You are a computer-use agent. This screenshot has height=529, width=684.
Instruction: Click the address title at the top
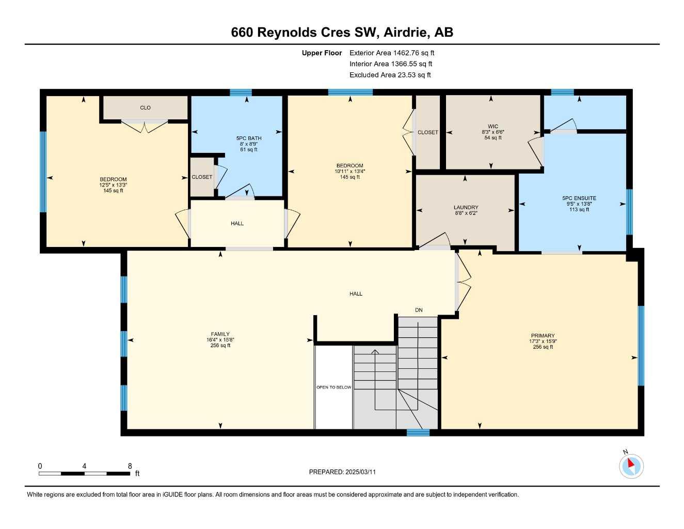pos(342,32)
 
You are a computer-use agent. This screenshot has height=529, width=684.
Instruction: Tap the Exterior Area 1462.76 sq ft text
pos(392,53)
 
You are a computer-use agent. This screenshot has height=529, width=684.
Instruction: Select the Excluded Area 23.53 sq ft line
pos(390,75)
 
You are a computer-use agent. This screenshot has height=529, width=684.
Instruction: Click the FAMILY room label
pos(220,334)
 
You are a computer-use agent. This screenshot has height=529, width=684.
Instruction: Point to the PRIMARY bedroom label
pos(543,336)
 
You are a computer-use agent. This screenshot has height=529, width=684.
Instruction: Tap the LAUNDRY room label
pos(466,207)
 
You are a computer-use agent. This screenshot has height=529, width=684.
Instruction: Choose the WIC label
pos(492,126)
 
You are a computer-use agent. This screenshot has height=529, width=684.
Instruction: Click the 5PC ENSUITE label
pos(579,198)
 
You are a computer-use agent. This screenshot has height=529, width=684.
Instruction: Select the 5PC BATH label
pos(249,138)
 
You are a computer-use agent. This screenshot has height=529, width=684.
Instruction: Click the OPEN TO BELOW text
pos(333,387)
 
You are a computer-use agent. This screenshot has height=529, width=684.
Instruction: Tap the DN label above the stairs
pos(419,310)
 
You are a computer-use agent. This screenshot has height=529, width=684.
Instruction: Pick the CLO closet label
pos(145,107)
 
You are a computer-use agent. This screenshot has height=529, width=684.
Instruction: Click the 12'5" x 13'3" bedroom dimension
pos(113,185)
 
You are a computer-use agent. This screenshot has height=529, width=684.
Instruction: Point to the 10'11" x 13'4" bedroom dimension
pos(350,172)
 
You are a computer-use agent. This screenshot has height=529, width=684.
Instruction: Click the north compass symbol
pos(631,465)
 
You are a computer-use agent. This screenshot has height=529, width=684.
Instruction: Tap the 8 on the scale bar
pos(130,466)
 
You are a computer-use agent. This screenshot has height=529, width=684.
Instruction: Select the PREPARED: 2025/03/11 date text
pos(342,472)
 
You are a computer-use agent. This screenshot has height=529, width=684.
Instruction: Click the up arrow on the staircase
pos(375,352)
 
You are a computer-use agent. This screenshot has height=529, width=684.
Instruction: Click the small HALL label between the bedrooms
pos(237,223)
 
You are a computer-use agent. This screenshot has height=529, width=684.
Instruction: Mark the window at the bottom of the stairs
pos(418,432)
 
